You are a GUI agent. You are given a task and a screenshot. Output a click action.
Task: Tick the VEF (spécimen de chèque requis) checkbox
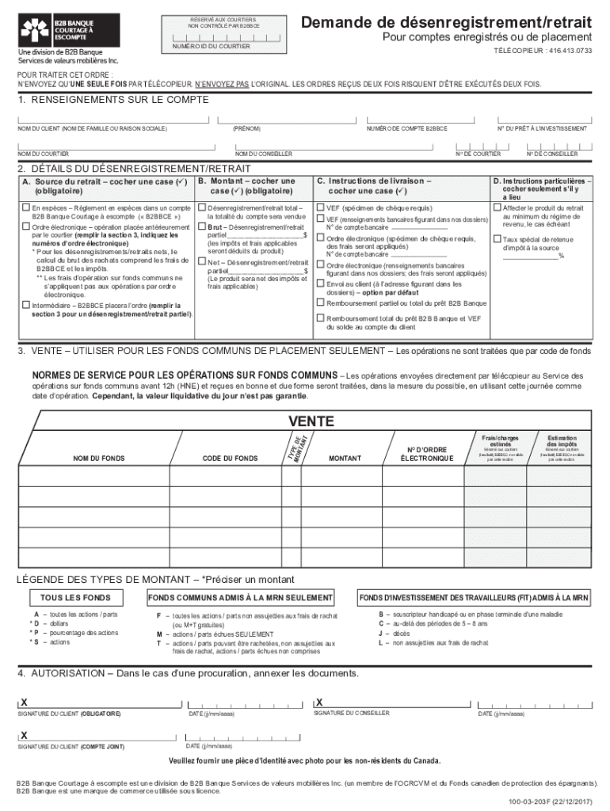click(x=320, y=208)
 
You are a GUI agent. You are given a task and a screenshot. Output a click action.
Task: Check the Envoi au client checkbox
click(x=320, y=284)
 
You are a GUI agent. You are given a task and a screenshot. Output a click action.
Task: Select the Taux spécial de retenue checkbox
click(x=497, y=238)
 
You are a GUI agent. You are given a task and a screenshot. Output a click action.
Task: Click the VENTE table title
click(x=310, y=421)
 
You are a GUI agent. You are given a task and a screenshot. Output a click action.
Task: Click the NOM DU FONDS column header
click(x=99, y=458)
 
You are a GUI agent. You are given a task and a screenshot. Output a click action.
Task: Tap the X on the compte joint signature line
click(x=25, y=735)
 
